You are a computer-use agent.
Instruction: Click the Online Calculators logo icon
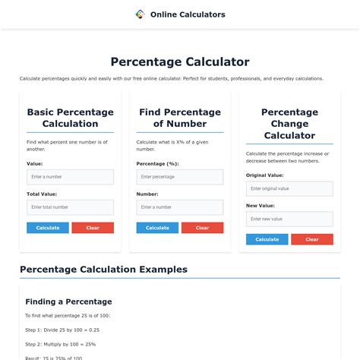tap(140, 14)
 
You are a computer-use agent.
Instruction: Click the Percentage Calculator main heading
tap(180, 62)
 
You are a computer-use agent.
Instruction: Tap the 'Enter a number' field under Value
tap(70, 177)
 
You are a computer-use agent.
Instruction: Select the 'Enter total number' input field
tap(70, 207)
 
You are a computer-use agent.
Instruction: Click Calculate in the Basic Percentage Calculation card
tap(48, 228)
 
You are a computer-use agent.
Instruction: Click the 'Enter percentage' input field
tap(180, 177)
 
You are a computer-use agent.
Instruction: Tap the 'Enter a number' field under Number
tap(180, 207)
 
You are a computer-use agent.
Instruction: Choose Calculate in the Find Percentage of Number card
tap(157, 228)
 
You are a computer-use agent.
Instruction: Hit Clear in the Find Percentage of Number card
tap(202, 228)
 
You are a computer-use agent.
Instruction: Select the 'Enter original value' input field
tap(289, 188)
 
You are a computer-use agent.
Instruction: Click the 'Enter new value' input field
tap(289, 219)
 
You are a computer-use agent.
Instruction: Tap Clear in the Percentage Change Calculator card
tap(311, 239)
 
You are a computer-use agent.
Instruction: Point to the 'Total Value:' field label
tap(42, 194)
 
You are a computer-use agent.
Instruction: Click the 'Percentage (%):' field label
tap(157, 163)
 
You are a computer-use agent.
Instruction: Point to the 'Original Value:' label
tap(265, 175)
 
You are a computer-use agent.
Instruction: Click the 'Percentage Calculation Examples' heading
tap(103, 270)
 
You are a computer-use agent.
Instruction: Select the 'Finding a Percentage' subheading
tap(68, 302)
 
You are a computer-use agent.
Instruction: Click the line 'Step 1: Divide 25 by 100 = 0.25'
tap(62, 330)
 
